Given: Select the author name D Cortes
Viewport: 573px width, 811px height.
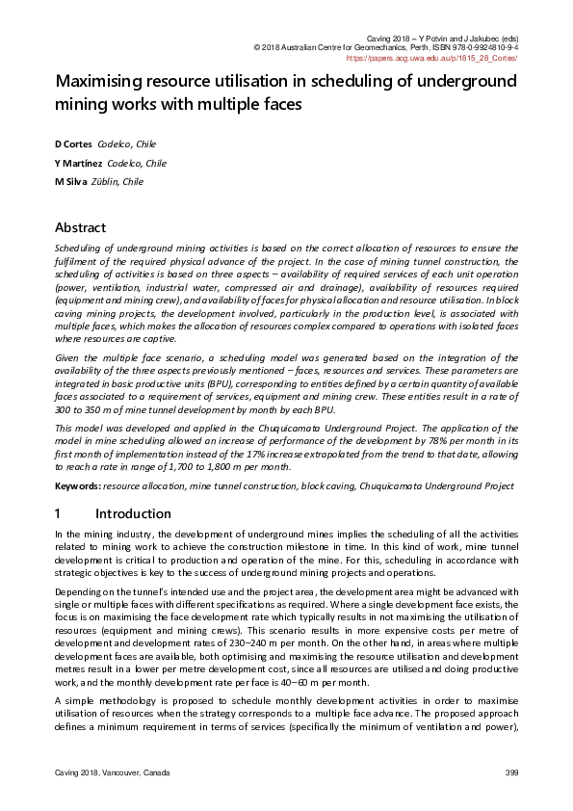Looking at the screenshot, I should (x=73, y=144).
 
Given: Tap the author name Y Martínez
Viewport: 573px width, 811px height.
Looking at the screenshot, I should (x=77, y=163).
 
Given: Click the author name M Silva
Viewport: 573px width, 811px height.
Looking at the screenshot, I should (x=72, y=181).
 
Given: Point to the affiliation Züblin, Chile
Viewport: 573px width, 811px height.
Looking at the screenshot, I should (x=120, y=181).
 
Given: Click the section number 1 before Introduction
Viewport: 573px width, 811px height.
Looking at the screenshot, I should (x=59, y=513).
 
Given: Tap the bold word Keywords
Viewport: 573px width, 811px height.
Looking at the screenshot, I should (x=77, y=487).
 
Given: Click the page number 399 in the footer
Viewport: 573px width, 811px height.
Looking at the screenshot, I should (x=511, y=773).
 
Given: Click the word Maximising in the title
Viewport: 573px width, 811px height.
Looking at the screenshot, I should (x=103, y=82).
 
